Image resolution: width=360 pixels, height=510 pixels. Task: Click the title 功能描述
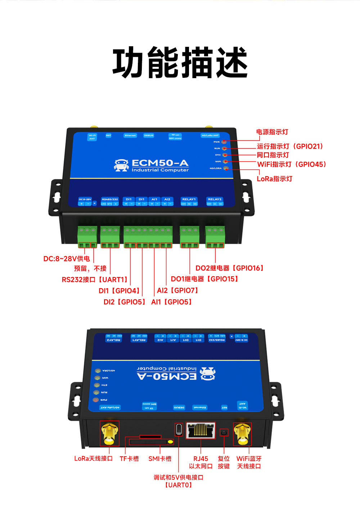click(180, 63)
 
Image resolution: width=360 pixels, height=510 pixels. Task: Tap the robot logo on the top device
click(121, 165)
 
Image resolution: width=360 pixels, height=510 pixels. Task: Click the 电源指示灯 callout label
click(272, 132)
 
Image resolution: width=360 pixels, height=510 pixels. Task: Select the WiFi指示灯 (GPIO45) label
click(292, 165)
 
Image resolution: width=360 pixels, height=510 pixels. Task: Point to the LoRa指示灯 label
click(274, 179)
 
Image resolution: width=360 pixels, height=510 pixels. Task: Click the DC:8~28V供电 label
click(67, 259)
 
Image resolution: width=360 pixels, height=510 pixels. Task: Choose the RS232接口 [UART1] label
click(95, 280)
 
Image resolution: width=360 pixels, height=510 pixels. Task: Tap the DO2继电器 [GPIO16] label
click(229, 268)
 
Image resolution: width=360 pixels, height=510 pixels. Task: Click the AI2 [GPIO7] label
click(177, 291)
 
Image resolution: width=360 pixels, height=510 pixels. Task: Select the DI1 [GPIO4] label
click(119, 291)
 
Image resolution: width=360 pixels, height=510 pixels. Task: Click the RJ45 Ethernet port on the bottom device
click(201, 430)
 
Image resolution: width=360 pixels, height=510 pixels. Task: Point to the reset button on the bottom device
click(224, 433)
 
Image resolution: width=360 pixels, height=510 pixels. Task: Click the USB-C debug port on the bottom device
click(179, 429)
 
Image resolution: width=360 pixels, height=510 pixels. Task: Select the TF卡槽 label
click(129, 459)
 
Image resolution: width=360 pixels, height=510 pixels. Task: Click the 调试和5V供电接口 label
click(179, 478)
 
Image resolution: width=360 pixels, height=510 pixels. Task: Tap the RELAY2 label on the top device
click(215, 199)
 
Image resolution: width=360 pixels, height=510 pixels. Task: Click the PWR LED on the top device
click(224, 142)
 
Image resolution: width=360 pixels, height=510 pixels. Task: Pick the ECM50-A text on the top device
click(160, 163)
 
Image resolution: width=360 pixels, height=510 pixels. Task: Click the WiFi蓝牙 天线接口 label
click(249, 462)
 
